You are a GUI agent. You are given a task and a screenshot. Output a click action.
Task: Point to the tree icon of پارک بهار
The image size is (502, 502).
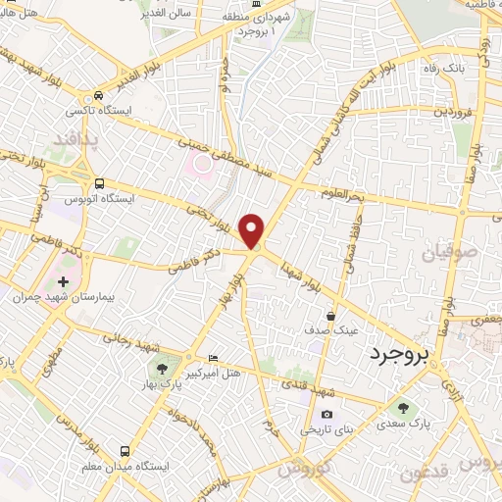tap(161, 369)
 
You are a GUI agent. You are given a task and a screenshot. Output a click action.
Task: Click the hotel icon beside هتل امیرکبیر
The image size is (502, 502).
tap(215, 359)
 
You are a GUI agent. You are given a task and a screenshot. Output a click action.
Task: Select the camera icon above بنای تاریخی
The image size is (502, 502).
tap(326, 415)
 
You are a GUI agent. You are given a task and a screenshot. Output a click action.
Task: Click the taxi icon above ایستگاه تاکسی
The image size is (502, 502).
tap(97, 97)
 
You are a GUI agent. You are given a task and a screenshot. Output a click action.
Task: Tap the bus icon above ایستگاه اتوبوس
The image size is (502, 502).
tap(99, 182)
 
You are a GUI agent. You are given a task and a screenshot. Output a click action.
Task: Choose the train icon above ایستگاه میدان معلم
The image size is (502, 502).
tap(125, 450)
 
